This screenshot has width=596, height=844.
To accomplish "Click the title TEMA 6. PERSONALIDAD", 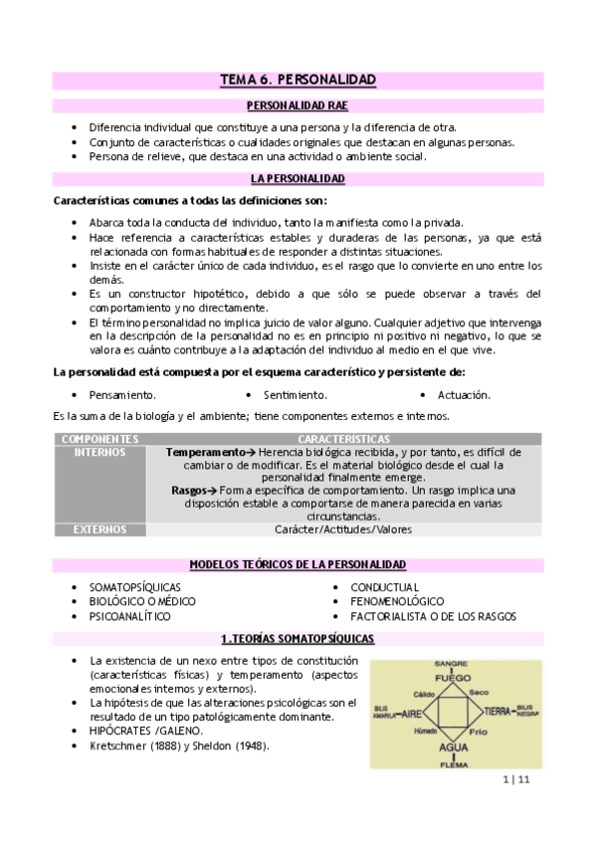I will [297, 79].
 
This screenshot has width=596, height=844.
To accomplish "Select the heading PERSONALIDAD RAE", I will [297, 105].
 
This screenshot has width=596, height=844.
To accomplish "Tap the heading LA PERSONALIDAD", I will [297, 179].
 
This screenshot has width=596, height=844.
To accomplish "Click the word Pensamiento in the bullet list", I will [122, 395].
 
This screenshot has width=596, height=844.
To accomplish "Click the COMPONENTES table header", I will [99, 439].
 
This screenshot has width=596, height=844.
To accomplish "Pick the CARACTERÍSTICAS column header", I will [343, 439].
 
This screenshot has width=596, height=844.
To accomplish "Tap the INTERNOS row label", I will [99, 452].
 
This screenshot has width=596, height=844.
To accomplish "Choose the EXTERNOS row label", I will [99, 529].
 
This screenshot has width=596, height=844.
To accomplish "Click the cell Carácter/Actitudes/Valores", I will [343, 529].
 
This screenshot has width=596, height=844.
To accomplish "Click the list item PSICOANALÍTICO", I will [130, 616].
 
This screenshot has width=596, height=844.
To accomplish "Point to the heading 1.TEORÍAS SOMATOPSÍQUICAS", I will [297, 638].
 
